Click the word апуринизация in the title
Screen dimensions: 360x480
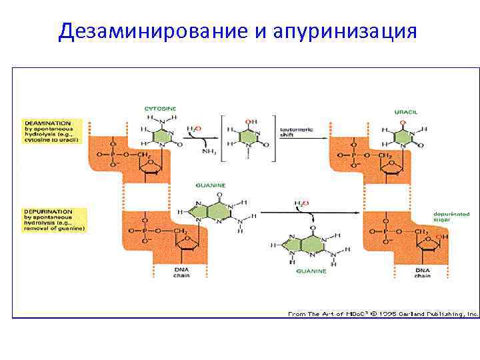[x=345, y=31]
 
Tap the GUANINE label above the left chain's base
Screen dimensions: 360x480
[x=211, y=185]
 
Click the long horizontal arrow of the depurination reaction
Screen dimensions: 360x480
[x=311, y=213]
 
